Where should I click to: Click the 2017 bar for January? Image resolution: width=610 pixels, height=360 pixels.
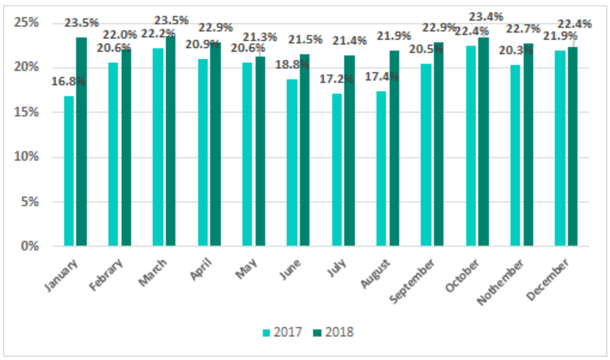[x=68, y=171]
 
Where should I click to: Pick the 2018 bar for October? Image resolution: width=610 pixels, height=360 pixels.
[x=483, y=141]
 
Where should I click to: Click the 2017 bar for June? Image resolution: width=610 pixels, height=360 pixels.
[x=292, y=162]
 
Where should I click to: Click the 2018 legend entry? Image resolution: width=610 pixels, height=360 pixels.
[x=333, y=332]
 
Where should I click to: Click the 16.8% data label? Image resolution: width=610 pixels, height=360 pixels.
[x=68, y=81]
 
